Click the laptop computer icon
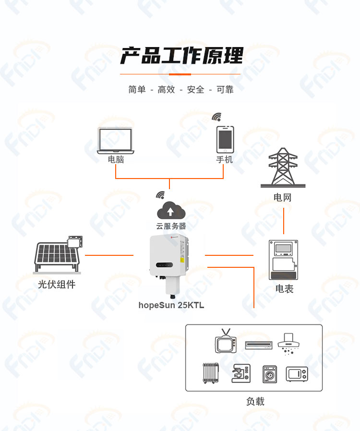point(115,140)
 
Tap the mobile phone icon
point(225,139)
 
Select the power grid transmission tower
point(283,168)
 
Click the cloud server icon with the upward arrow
point(171,210)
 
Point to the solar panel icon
point(58,254)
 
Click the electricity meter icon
point(283,260)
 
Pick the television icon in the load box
point(226,341)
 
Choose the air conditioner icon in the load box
point(259,345)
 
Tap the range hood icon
point(288,344)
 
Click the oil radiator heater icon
point(211,373)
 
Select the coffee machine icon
point(241,373)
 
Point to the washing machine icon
point(270,374)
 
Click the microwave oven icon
point(297,374)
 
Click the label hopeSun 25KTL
point(171,305)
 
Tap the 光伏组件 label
point(57,284)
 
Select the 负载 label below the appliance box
point(255,401)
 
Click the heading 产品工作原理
point(181,56)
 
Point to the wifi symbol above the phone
point(217,117)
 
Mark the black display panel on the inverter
point(164,265)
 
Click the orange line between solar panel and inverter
point(109,255)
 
